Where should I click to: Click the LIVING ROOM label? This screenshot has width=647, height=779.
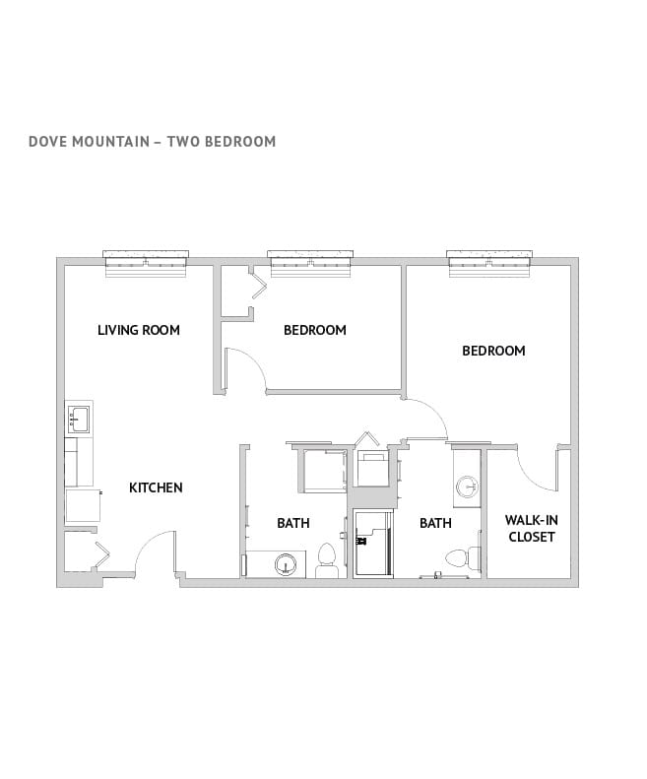point(138,330)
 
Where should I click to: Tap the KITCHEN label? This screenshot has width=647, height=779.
point(156,487)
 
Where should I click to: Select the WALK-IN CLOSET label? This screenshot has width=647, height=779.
point(530,529)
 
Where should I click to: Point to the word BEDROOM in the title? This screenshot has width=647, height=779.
point(240,141)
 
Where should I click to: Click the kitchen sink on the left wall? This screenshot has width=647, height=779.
point(79,419)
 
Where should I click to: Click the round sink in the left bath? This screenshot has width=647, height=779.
point(285,564)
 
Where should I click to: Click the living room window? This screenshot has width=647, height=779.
point(146,260)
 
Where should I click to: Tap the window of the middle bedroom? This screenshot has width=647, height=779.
point(311,260)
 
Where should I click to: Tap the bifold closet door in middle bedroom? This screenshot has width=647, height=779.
point(258,286)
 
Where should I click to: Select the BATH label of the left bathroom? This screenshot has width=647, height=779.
point(292,523)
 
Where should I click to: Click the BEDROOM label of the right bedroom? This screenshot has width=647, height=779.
point(493,351)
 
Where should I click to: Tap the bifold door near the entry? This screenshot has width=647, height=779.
point(98,555)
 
